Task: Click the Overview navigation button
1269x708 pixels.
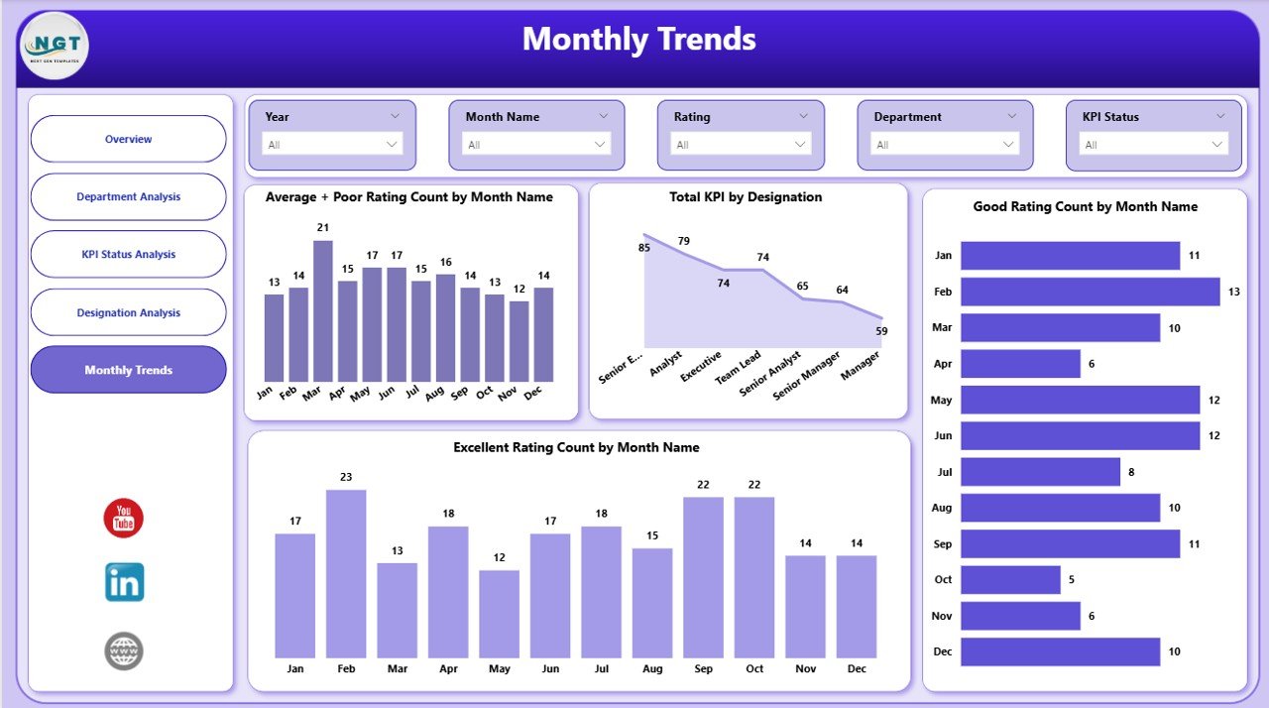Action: (129, 139)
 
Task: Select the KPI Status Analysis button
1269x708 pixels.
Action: (129, 255)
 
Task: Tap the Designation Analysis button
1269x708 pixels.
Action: (129, 312)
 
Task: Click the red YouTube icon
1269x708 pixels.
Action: (124, 519)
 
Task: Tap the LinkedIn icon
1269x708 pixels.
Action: (124, 583)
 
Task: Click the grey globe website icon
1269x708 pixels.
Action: (124, 651)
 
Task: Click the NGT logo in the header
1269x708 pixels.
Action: (54, 46)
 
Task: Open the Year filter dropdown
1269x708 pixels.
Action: (332, 145)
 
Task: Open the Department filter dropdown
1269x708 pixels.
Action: (945, 145)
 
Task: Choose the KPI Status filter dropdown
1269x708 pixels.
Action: (1153, 145)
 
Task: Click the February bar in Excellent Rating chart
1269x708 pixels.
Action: (346, 574)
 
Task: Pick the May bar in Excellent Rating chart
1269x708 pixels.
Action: (500, 614)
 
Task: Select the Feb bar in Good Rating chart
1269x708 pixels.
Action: (1090, 292)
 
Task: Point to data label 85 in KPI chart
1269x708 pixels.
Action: (644, 247)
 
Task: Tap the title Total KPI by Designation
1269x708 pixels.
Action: (747, 197)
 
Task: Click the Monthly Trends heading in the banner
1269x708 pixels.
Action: (638, 40)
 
